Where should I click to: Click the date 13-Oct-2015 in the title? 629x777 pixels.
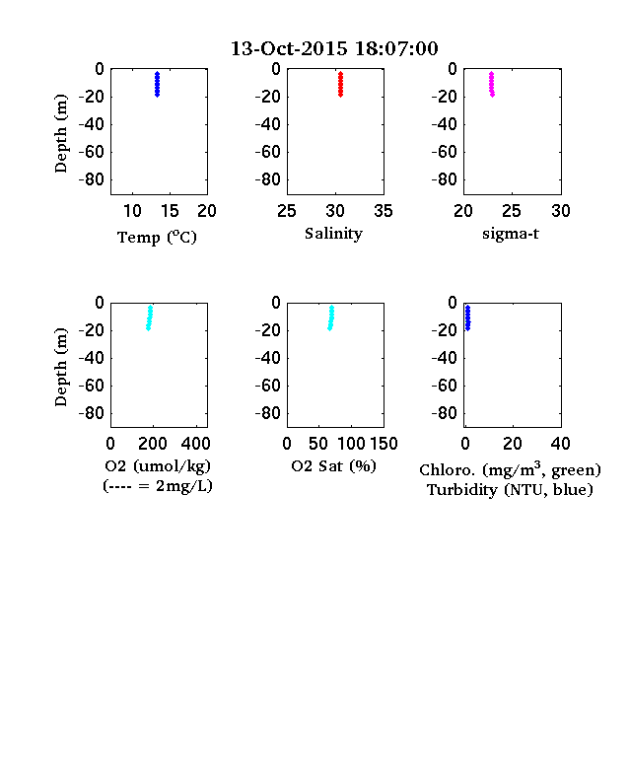point(289,48)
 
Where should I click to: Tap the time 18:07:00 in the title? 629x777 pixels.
point(396,48)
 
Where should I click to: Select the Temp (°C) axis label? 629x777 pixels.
point(157,238)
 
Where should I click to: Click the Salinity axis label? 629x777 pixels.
point(333,234)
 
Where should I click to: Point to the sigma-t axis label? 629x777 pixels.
point(511,234)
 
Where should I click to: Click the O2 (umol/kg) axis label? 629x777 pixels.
point(158,466)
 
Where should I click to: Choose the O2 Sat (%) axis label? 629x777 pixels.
point(334,465)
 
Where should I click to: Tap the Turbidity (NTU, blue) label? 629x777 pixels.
point(510,490)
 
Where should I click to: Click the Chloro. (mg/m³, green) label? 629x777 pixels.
point(510,469)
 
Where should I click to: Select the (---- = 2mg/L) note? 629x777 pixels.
point(158,486)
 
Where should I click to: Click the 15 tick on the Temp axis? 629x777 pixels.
point(170,211)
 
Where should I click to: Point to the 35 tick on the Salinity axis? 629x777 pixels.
point(384,211)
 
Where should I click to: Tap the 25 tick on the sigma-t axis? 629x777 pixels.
point(512,211)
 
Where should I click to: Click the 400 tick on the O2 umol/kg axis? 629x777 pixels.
point(195,444)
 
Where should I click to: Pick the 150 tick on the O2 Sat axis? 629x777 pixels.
point(384,444)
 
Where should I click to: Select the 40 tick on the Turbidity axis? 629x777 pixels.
point(560,444)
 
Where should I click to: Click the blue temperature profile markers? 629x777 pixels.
point(157,84)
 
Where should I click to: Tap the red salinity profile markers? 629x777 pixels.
point(340,84)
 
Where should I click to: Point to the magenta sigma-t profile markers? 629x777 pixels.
point(492,84)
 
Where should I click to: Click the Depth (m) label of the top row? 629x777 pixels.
point(60,133)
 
